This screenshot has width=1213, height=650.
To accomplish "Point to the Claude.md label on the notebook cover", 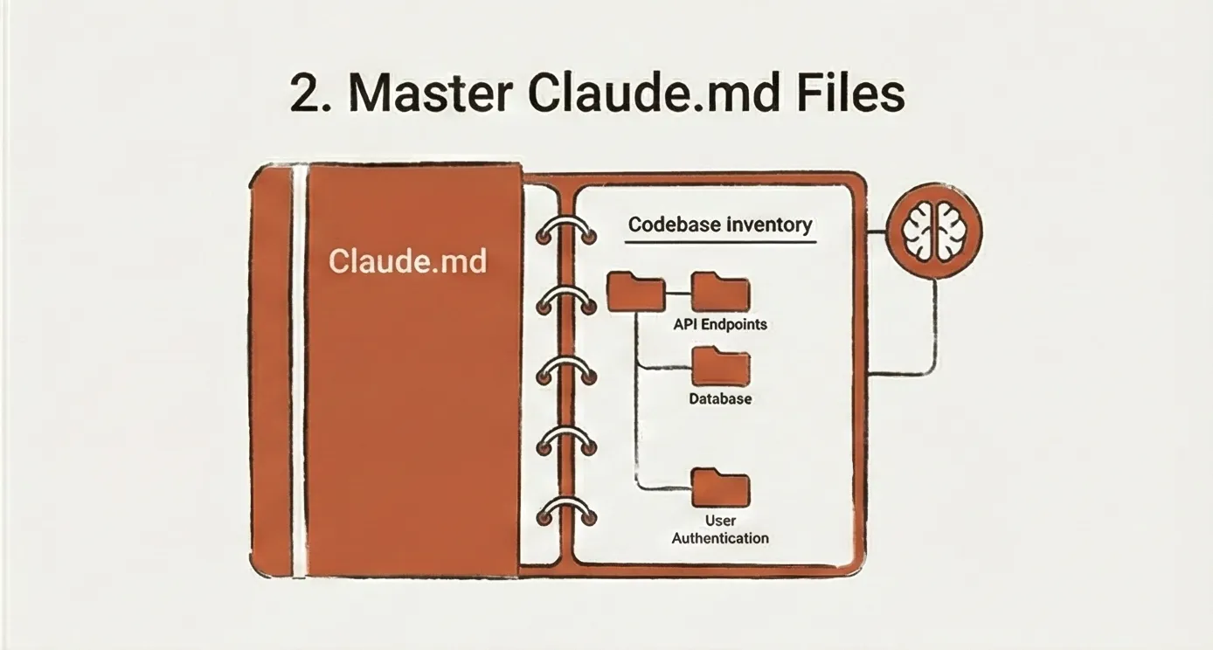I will coord(407,260).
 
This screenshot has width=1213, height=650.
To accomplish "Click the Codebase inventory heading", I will coord(720,225).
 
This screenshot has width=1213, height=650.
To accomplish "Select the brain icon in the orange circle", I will coord(934,231).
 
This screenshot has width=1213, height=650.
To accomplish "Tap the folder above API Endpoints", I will coord(720,291).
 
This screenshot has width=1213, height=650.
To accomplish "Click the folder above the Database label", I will coord(720,366).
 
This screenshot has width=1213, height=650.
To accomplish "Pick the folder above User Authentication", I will coord(720,487).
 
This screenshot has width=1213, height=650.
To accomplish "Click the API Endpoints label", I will coord(720,324).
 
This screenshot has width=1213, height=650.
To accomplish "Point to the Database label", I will coord(720,399).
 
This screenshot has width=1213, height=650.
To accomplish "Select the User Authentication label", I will coord(720,529).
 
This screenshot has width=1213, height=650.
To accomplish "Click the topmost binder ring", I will coord(566,230).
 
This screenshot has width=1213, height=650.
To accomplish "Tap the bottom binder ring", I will coord(566,512).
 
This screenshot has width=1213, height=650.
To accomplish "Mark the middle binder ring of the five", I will coord(566,371).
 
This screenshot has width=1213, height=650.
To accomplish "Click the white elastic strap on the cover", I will coord(300,367).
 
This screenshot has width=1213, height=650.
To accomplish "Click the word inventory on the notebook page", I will coord(771,225).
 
